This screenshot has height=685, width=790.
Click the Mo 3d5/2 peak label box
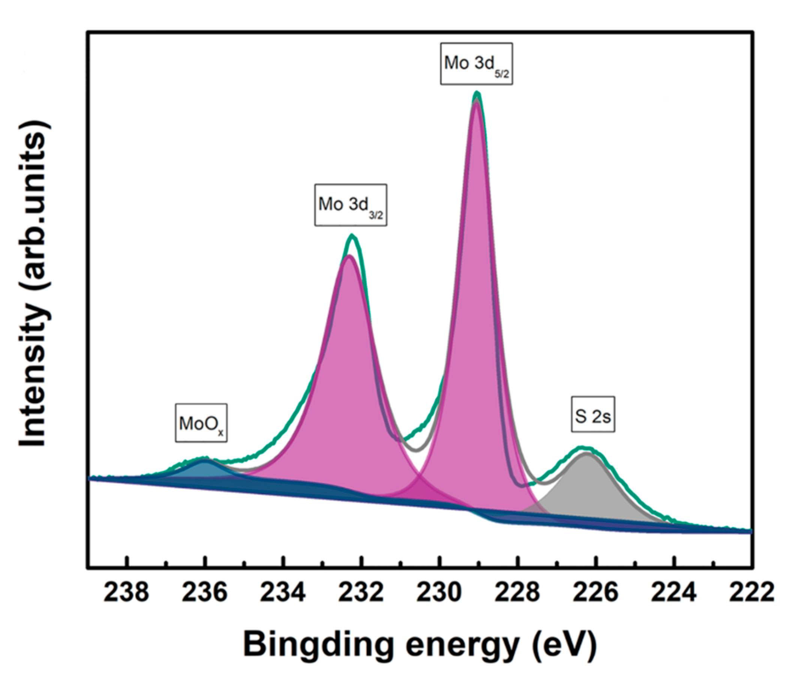pyautogui.click(x=476, y=64)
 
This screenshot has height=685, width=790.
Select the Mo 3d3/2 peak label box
pyautogui.click(x=351, y=205)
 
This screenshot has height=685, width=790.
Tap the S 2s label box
pyautogui.click(x=593, y=416)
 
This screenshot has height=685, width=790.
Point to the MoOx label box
pyautogui.click(x=201, y=423)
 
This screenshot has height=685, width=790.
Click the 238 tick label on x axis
pyautogui.click(x=126, y=593)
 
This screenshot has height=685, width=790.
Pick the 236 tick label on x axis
pyautogui.click(x=204, y=593)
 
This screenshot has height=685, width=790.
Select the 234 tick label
pyautogui.click(x=282, y=593)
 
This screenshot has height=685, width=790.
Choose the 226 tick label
pyautogui.click(x=595, y=593)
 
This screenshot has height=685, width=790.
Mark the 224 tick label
pyautogui.click(x=673, y=593)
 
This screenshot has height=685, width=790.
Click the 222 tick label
pyautogui.click(x=751, y=593)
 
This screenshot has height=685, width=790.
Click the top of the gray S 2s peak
pyautogui.click(x=585, y=454)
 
